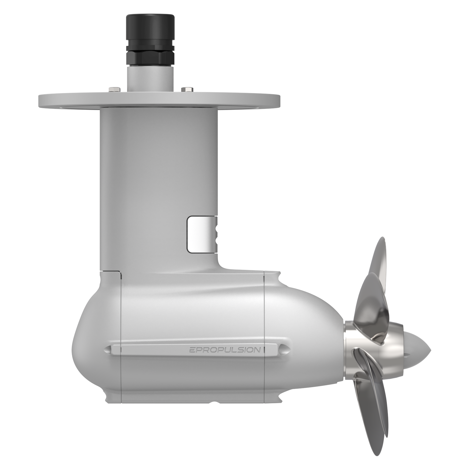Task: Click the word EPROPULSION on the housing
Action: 225,350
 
